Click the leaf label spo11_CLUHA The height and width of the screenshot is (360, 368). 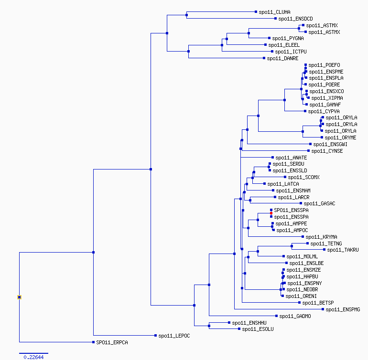tap(274, 12)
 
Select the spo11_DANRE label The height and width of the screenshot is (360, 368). tap(282, 58)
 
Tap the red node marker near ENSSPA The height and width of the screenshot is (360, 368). tap(271, 213)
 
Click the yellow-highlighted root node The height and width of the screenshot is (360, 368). tap(20, 297)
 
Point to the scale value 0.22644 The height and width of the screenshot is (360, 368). tap(33, 357)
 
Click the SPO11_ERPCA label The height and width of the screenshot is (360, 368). tap(112, 342)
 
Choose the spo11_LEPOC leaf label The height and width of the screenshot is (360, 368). tap(174, 336)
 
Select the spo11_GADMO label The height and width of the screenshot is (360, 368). tap(295, 317)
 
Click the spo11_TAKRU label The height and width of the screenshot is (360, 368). tap(343, 250)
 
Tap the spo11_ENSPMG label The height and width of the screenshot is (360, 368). tap(343, 309)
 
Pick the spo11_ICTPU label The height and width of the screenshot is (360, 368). tap(291, 52)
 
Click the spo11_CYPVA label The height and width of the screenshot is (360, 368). tap(324, 111)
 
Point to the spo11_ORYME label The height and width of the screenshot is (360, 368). tap(341, 138)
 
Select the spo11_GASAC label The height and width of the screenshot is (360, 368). tap(319, 203)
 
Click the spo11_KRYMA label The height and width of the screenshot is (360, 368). tap(321, 237)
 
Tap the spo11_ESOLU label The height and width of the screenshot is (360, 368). tap(258, 329)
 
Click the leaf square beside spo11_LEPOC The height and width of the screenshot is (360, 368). tap(155, 335)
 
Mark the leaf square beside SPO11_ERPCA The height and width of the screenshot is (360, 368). tap(93, 342)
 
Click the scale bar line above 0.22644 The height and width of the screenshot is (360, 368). tap(33, 353)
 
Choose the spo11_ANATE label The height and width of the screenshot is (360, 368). tap(291, 158)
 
